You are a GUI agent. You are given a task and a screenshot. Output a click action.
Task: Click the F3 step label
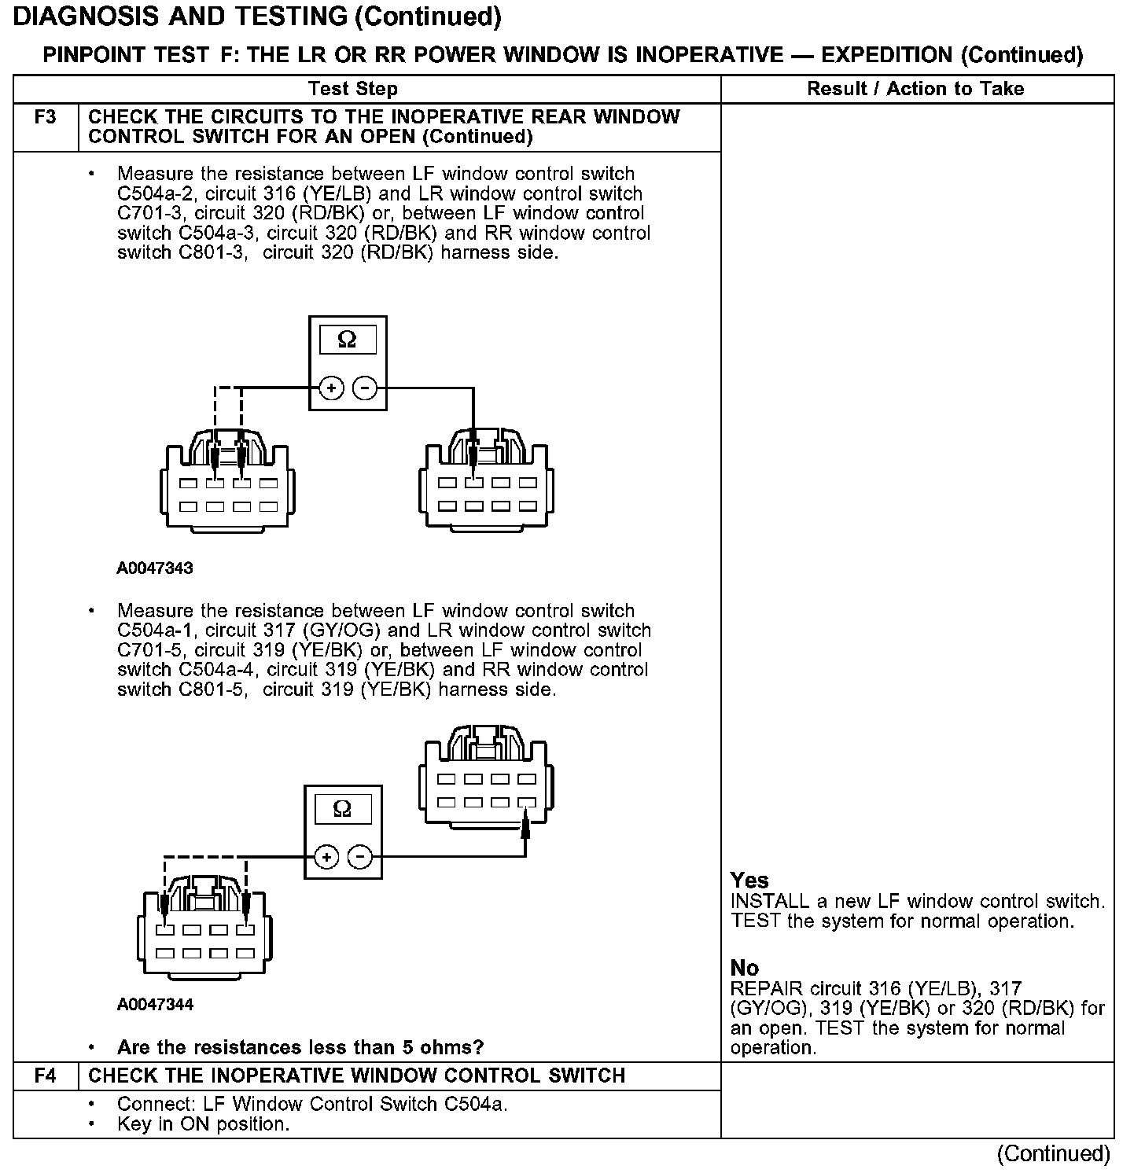(x=46, y=118)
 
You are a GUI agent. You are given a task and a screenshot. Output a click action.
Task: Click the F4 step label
(x=46, y=1076)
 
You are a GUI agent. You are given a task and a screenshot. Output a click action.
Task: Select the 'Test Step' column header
(x=353, y=89)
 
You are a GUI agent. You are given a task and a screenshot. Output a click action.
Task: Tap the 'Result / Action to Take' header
(x=915, y=89)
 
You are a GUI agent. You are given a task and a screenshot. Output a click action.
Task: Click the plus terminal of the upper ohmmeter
(x=332, y=388)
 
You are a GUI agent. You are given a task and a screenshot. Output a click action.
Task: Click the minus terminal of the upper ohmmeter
(x=364, y=388)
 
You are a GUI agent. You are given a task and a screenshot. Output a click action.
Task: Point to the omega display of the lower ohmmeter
(x=342, y=809)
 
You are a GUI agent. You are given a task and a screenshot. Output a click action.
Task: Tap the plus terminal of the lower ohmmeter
(x=326, y=856)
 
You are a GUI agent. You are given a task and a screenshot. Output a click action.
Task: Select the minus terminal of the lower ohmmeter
(x=359, y=856)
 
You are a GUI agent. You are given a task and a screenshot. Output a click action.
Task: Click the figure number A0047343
(x=155, y=568)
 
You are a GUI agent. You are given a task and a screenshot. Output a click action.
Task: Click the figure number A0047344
(x=155, y=1004)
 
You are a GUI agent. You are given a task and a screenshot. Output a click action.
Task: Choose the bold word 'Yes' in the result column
(x=749, y=881)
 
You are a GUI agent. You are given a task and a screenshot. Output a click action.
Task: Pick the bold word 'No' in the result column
(x=744, y=968)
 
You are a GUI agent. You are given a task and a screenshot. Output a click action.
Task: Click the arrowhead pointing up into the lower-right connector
(x=525, y=826)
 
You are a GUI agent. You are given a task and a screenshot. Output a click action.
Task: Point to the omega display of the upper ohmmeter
(x=347, y=340)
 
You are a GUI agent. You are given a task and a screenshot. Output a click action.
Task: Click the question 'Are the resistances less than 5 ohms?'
(x=300, y=1047)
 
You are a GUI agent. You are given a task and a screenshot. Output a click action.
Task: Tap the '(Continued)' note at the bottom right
(x=1053, y=1154)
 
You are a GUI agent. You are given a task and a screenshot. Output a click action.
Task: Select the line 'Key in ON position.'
(x=203, y=1124)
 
